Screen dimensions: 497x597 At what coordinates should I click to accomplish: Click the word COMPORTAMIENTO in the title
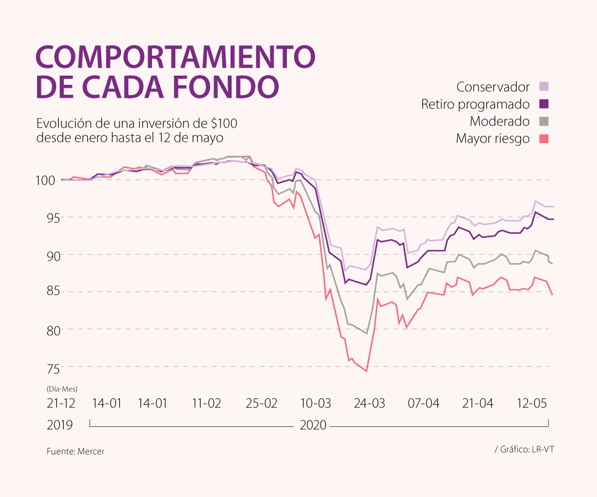point(175,57)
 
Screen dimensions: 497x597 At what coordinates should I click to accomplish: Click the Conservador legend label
point(493,87)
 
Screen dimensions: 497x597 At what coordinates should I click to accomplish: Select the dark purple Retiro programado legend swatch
point(544,104)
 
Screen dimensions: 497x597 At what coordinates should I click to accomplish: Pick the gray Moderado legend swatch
point(544,121)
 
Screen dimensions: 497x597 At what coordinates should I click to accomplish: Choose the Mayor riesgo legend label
point(493,139)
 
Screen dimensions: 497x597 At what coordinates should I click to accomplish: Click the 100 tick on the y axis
point(61,180)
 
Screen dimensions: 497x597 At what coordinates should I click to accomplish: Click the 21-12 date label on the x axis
point(61,403)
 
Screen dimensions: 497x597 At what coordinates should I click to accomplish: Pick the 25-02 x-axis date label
point(261,403)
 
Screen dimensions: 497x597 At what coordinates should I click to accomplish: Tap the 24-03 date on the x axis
point(370,403)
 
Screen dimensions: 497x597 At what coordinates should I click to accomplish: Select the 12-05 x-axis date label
point(532,403)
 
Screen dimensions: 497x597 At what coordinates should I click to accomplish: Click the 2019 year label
point(60,425)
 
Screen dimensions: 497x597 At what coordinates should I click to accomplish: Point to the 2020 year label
point(313,425)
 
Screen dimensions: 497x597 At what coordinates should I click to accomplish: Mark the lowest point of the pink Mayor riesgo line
point(366,371)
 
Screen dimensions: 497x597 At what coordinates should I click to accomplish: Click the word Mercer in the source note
point(91,451)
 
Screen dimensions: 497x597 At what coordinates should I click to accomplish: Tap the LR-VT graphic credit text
point(542,450)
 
